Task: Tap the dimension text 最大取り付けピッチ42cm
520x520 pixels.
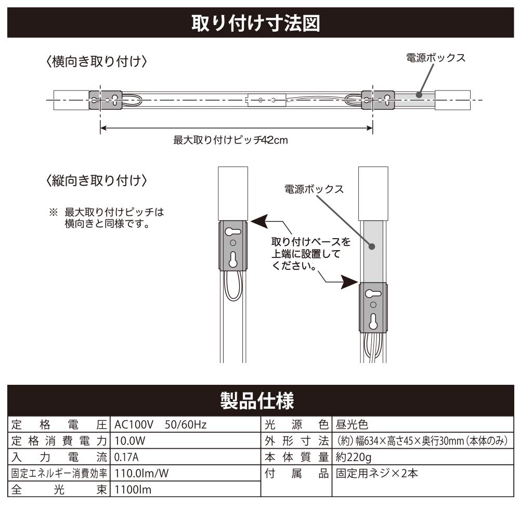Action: (230, 140)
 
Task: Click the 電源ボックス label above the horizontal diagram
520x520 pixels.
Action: (435, 58)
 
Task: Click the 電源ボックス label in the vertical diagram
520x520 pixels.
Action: (314, 189)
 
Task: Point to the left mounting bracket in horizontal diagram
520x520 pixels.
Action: (106, 99)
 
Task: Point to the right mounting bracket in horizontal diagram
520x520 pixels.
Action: (378, 99)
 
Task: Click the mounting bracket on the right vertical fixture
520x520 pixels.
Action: (373, 308)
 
